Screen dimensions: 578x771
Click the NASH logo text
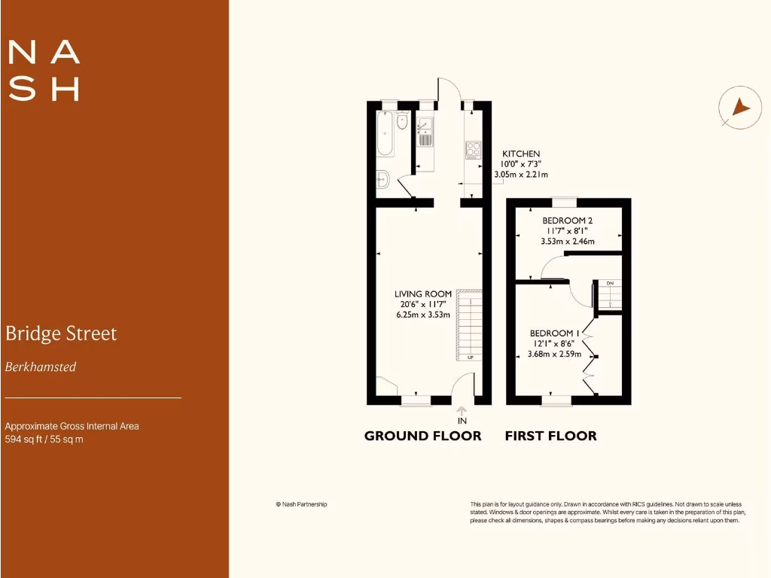click(44, 70)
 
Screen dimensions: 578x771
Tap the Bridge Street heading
click(61, 333)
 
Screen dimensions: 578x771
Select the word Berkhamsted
click(41, 367)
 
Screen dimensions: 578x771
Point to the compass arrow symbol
click(740, 108)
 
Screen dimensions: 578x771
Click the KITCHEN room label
click(521, 154)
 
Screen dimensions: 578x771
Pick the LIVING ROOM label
click(423, 294)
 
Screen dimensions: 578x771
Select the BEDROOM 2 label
click(568, 221)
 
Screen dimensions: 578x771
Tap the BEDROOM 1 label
click(555, 333)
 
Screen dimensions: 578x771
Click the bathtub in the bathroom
click(385, 134)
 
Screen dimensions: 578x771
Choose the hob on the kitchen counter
click(474, 149)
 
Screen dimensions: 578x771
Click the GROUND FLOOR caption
click(422, 436)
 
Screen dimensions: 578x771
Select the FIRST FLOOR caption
click(550, 436)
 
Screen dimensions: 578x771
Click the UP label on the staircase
click(471, 357)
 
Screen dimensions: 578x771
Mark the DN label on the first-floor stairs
click(611, 283)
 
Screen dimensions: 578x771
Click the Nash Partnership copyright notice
click(301, 504)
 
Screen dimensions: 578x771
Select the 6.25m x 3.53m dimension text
click(423, 315)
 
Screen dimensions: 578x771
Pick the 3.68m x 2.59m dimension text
click(555, 354)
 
